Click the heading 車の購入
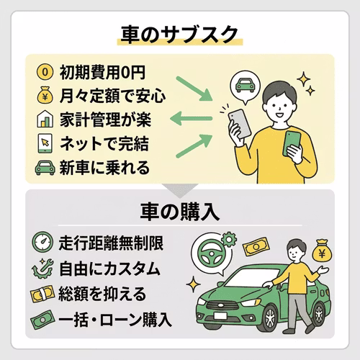pos(180,212)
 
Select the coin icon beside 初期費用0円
pos(45,73)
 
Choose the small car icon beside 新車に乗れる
pos(45,168)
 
